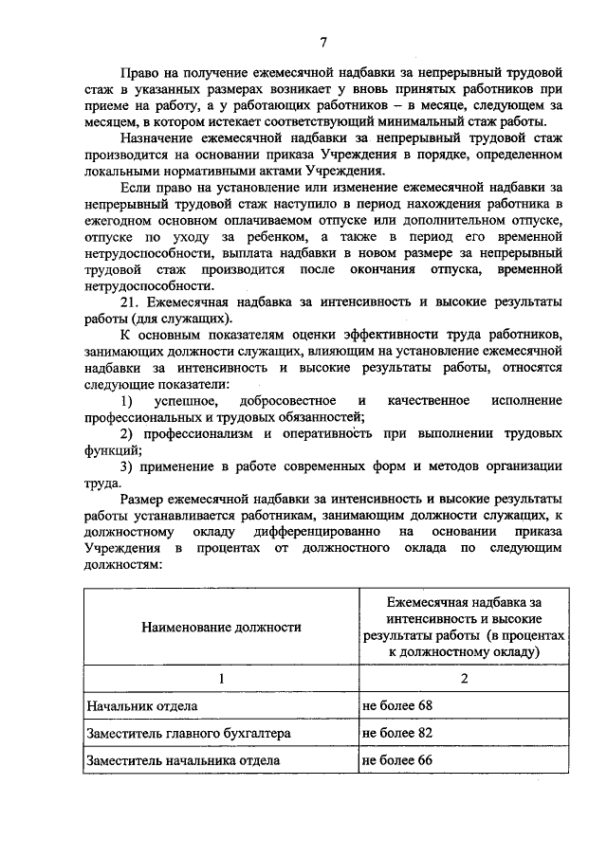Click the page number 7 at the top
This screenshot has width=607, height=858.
(x=322, y=42)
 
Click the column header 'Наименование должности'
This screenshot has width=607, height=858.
(x=222, y=627)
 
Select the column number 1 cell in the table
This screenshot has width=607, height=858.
(x=222, y=679)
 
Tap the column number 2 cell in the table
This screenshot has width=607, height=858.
(x=464, y=679)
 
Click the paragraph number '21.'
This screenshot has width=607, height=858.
(x=133, y=301)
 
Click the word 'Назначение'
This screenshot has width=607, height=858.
(x=161, y=137)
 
